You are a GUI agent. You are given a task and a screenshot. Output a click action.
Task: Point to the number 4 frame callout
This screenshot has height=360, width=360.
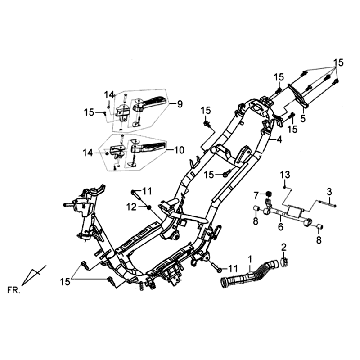click(280, 141)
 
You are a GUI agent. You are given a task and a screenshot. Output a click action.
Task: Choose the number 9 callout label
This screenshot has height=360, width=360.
click(180, 103)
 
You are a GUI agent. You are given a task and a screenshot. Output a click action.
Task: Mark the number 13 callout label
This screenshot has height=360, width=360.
click(285, 175)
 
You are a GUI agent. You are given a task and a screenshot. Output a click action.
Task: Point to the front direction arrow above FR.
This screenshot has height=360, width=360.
click(38, 270)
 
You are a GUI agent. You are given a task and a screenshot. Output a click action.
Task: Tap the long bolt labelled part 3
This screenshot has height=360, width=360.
click(305, 200)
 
